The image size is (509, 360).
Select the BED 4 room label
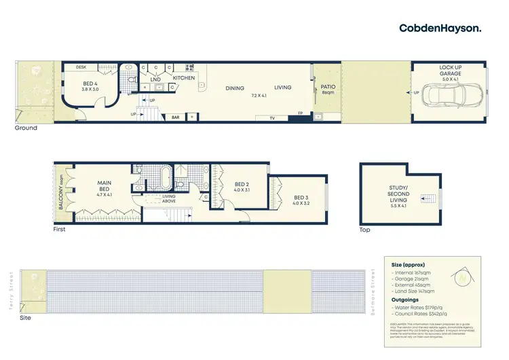point(90,86)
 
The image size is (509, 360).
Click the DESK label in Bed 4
point(81,67)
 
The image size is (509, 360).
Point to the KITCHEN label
point(184,78)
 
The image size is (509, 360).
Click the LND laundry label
point(155,79)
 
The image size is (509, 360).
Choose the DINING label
point(235,88)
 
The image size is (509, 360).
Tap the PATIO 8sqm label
point(328,89)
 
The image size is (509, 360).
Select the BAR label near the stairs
point(175,118)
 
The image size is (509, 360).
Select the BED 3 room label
point(300,199)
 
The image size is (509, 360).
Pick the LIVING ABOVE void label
point(168,199)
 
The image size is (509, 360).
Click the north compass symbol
point(463,276)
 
